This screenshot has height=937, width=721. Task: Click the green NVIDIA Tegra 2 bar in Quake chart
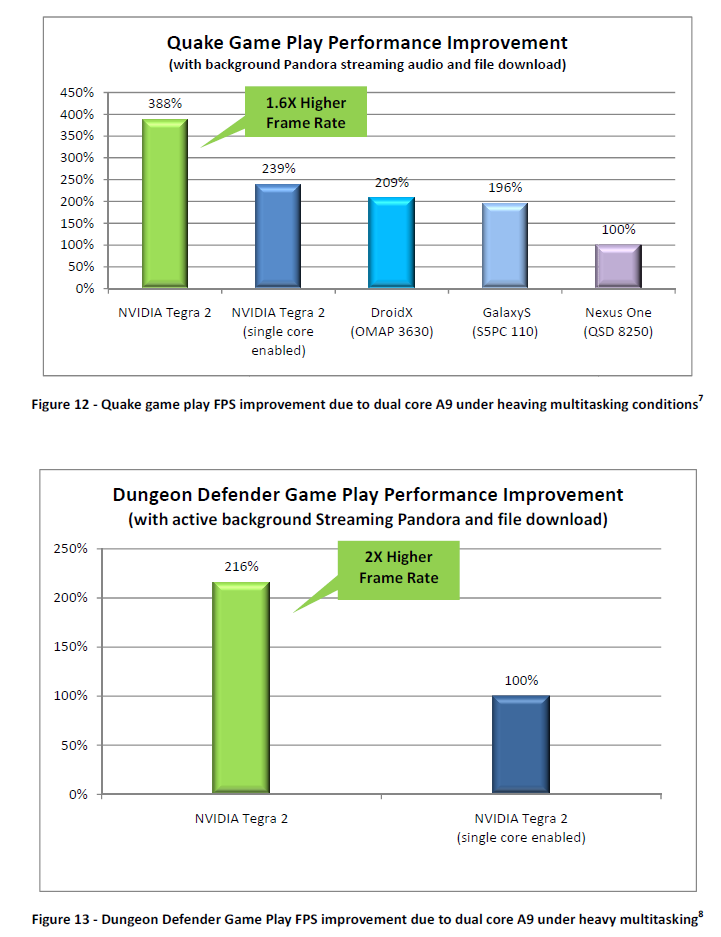[x=164, y=204]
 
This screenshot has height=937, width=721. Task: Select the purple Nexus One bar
[x=618, y=266]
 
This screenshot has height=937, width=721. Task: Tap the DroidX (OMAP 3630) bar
[x=392, y=243]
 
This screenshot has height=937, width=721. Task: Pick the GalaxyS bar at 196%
[x=505, y=246]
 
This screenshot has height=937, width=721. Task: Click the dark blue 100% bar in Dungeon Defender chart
[x=521, y=744]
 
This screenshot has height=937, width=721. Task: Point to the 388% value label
[x=163, y=104]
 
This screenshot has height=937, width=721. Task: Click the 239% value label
[x=278, y=169]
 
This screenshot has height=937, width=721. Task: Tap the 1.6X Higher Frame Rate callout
[x=305, y=113]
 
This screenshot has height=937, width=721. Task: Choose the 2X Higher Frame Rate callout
[x=399, y=570]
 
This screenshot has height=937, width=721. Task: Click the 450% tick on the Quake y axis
[x=77, y=93]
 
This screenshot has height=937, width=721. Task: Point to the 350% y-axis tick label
[x=77, y=136]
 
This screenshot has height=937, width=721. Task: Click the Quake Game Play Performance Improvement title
[x=367, y=43]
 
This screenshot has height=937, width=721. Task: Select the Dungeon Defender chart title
[x=368, y=495]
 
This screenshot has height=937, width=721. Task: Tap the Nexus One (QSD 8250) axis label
[x=618, y=322]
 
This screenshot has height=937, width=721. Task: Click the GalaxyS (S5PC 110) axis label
[x=505, y=322]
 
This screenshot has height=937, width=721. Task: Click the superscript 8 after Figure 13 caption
[x=701, y=912]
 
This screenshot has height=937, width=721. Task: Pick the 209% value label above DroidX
[x=392, y=183]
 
